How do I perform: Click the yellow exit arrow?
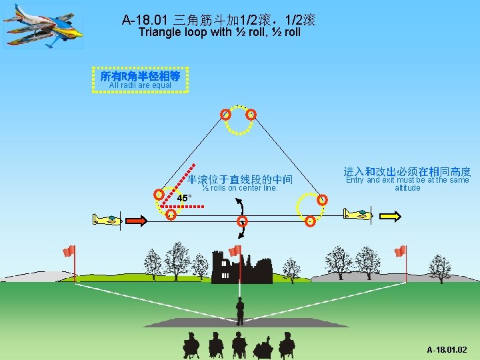click(x=389, y=215)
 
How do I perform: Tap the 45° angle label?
click(x=185, y=197)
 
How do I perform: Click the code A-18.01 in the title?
click(x=146, y=20)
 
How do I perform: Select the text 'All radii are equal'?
click(x=140, y=85)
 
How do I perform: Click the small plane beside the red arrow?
click(x=107, y=219)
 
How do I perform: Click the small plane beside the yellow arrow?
click(x=357, y=214)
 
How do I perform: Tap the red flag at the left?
click(x=69, y=251)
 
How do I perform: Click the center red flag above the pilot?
click(x=235, y=251)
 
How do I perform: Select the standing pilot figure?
click(x=240, y=311)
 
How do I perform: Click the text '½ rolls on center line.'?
click(x=240, y=188)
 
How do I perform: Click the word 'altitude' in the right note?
click(x=407, y=188)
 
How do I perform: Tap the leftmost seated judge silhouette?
click(x=191, y=343)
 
